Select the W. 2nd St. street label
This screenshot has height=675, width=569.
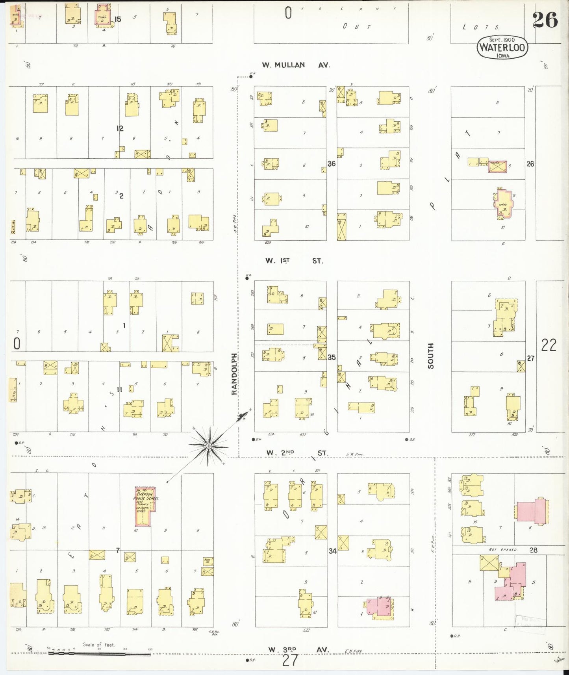coord(296,453)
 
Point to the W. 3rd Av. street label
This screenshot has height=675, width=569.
coord(298,649)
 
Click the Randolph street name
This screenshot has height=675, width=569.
coord(234,374)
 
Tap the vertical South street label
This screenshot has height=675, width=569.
coord(430,356)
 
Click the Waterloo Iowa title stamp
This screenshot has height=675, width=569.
coord(502,48)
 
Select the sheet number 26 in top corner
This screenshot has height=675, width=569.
coord(545,20)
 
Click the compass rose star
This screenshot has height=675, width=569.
coord(208,446)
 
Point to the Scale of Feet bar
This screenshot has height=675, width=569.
coord(99,654)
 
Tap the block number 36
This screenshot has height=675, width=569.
coord(332,163)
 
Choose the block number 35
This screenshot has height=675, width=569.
coord(332,357)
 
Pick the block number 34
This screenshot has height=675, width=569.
coord(332,551)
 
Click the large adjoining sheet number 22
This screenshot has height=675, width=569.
coord(549,345)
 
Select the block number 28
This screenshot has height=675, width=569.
coord(533,550)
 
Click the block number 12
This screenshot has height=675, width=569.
coord(120,128)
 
